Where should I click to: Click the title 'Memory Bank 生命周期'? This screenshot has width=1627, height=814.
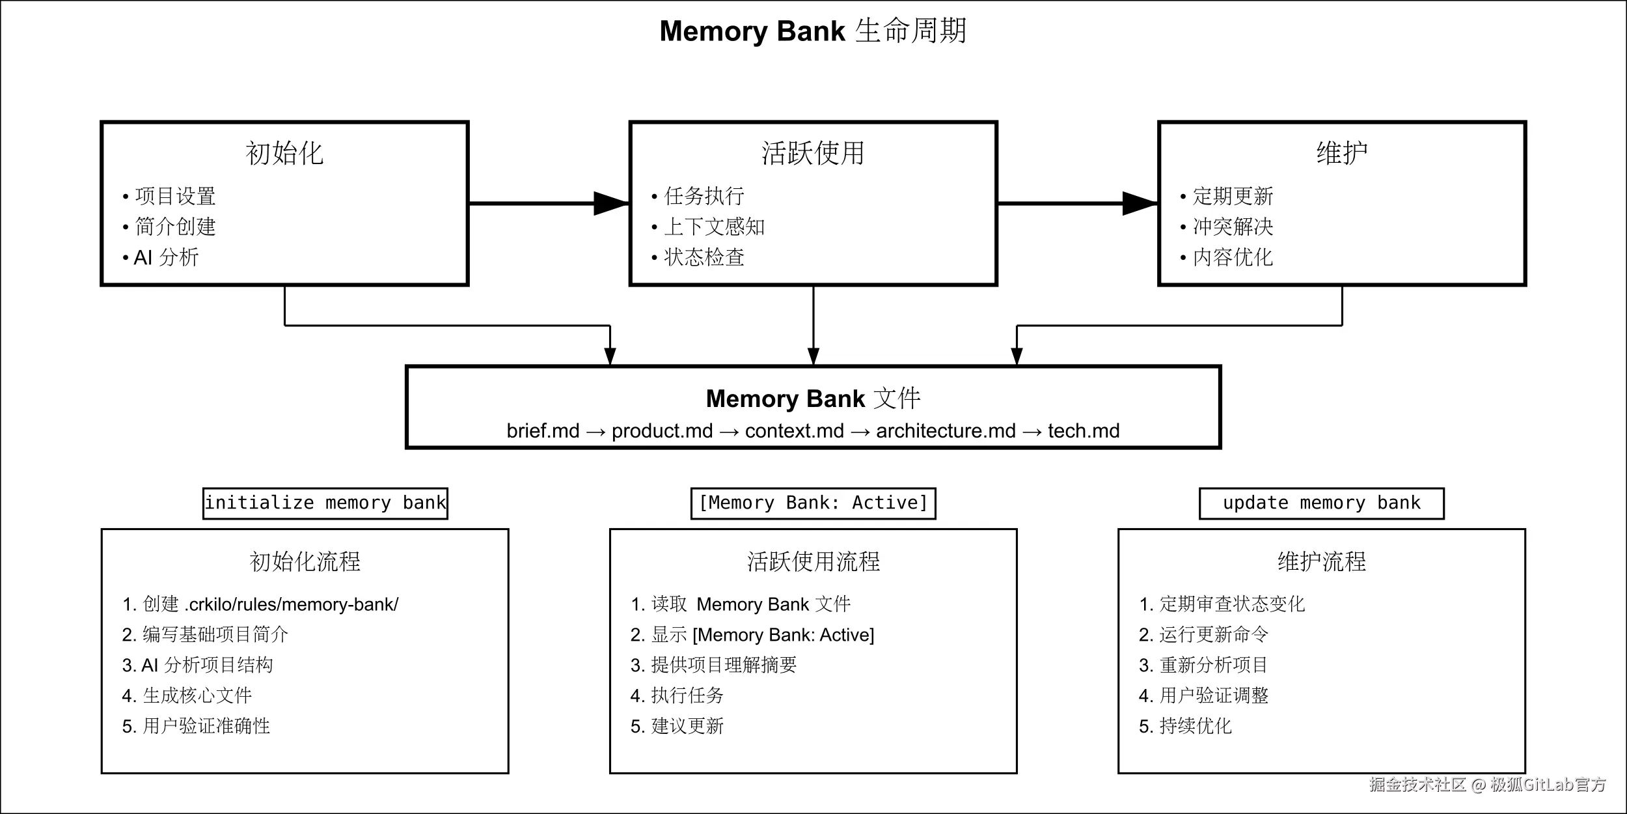(813, 31)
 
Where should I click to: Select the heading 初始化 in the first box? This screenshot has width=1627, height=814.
(284, 154)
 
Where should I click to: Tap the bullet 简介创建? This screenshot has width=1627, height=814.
(175, 227)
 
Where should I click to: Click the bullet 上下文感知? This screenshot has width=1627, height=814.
(714, 227)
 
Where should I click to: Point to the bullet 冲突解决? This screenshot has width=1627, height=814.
(1233, 227)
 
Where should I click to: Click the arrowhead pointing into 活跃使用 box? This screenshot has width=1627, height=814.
(612, 203)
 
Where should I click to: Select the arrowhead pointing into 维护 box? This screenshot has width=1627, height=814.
(1140, 203)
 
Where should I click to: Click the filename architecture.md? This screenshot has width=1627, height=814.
(946, 431)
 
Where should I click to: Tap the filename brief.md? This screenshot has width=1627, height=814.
(543, 431)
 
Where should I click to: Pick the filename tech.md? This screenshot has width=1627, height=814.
(1084, 431)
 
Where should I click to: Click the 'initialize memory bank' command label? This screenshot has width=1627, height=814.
(325, 503)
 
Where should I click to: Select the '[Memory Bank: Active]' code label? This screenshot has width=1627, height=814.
(813, 503)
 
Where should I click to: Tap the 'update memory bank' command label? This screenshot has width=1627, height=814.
(1321, 503)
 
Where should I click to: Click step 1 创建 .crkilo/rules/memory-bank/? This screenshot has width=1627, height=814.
(260, 604)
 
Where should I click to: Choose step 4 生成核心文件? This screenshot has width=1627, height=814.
(187, 695)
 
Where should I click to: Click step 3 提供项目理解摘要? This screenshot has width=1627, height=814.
(714, 665)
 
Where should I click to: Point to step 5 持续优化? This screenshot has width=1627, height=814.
(1186, 726)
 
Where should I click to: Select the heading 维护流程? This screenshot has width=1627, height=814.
(1321, 561)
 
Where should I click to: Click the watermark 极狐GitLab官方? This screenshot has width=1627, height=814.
(1548, 785)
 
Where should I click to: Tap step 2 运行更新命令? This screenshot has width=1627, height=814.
(1204, 634)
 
